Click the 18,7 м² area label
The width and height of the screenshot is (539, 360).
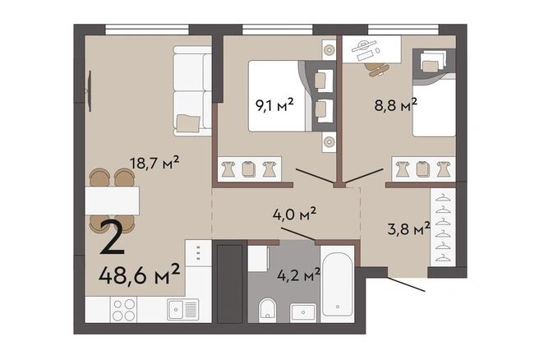click(154, 163)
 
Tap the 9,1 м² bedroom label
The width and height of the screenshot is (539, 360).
click(274, 104)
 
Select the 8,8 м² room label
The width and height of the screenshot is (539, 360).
click(396, 104)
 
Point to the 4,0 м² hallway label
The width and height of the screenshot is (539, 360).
click(294, 214)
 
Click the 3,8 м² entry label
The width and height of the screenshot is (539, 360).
click(408, 228)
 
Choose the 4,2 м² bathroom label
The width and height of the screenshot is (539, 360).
click(299, 275)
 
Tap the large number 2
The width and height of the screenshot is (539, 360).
click(112, 238)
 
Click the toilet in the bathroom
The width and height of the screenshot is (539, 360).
click(268, 308)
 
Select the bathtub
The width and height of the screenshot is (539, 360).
click(338, 284)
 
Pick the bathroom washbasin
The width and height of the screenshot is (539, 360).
click(303, 312)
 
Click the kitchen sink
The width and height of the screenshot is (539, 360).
click(183, 309)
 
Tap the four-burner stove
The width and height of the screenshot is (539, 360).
click(124, 310)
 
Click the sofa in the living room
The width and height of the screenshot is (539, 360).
click(192, 90)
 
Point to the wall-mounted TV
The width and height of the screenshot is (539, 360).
click(90, 90)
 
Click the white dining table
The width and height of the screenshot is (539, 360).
click(112, 201)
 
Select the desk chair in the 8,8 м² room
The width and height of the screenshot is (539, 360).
click(377, 70)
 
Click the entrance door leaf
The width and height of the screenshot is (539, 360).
click(407, 284)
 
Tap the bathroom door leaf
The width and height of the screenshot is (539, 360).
click(297, 233)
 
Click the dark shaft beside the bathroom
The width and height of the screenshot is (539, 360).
click(230, 284)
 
